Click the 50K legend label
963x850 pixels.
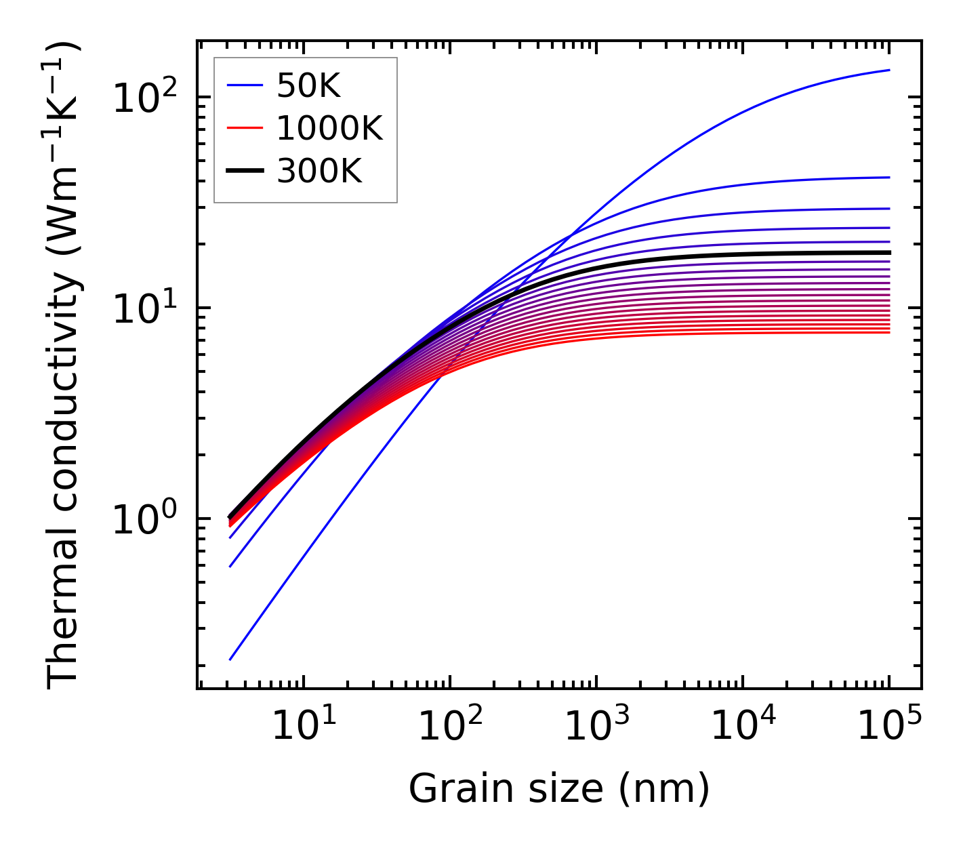[x=308, y=85]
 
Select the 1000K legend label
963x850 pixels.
[x=329, y=128]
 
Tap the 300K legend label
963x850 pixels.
[x=319, y=171]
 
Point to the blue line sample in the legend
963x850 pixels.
[x=245, y=85]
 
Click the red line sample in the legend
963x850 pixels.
[x=245, y=128]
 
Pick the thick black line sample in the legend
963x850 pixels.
[x=245, y=171]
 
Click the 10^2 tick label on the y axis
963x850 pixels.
[x=144, y=98]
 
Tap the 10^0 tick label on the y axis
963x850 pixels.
[x=144, y=520]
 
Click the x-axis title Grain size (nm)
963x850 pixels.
[x=559, y=789]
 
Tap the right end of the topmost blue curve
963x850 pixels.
[x=889, y=70]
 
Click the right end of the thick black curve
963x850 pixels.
[x=889, y=252]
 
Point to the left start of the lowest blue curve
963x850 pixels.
[x=230, y=660]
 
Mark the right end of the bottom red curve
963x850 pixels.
[x=889, y=332]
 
